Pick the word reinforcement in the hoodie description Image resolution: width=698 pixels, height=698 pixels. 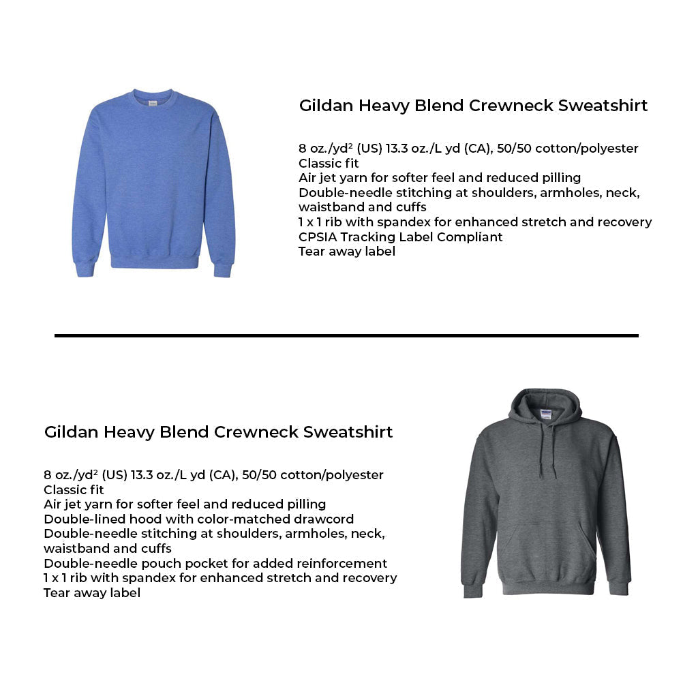point(341,564)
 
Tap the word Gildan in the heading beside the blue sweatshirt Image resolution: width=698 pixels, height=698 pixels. point(324,106)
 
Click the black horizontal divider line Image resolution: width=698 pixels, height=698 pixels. point(346,335)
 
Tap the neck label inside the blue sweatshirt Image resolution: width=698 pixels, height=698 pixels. point(153,102)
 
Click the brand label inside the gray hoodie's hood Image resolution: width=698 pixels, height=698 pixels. point(546,412)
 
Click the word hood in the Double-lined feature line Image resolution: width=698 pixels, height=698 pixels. point(138,519)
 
